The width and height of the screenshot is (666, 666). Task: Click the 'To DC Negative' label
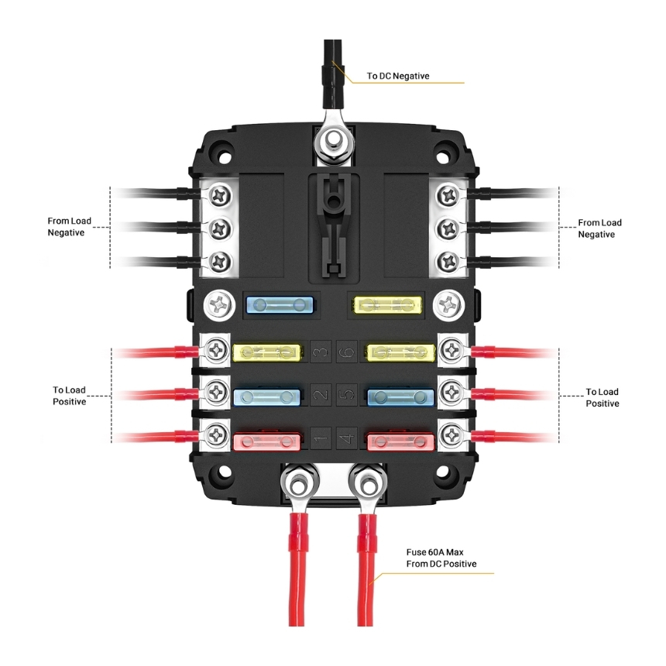[398, 76]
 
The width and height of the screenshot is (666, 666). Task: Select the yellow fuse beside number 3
[266, 353]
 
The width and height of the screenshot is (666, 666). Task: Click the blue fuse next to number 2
[266, 397]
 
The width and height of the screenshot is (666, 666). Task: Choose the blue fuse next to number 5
[400, 397]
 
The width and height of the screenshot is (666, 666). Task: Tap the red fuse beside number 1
[266, 441]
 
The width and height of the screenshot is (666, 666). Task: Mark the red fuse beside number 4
[400, 441]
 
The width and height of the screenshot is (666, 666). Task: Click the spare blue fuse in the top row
[279, 304]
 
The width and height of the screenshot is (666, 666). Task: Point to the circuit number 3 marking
[320, 353]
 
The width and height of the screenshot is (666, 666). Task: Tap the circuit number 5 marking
[346, 397]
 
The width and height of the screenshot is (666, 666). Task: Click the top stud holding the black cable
[334, 142]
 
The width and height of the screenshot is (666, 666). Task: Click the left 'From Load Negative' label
[69, 227]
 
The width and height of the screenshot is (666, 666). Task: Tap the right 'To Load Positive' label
[602, 397]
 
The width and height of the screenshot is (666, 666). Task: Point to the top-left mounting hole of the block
[224, 145]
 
